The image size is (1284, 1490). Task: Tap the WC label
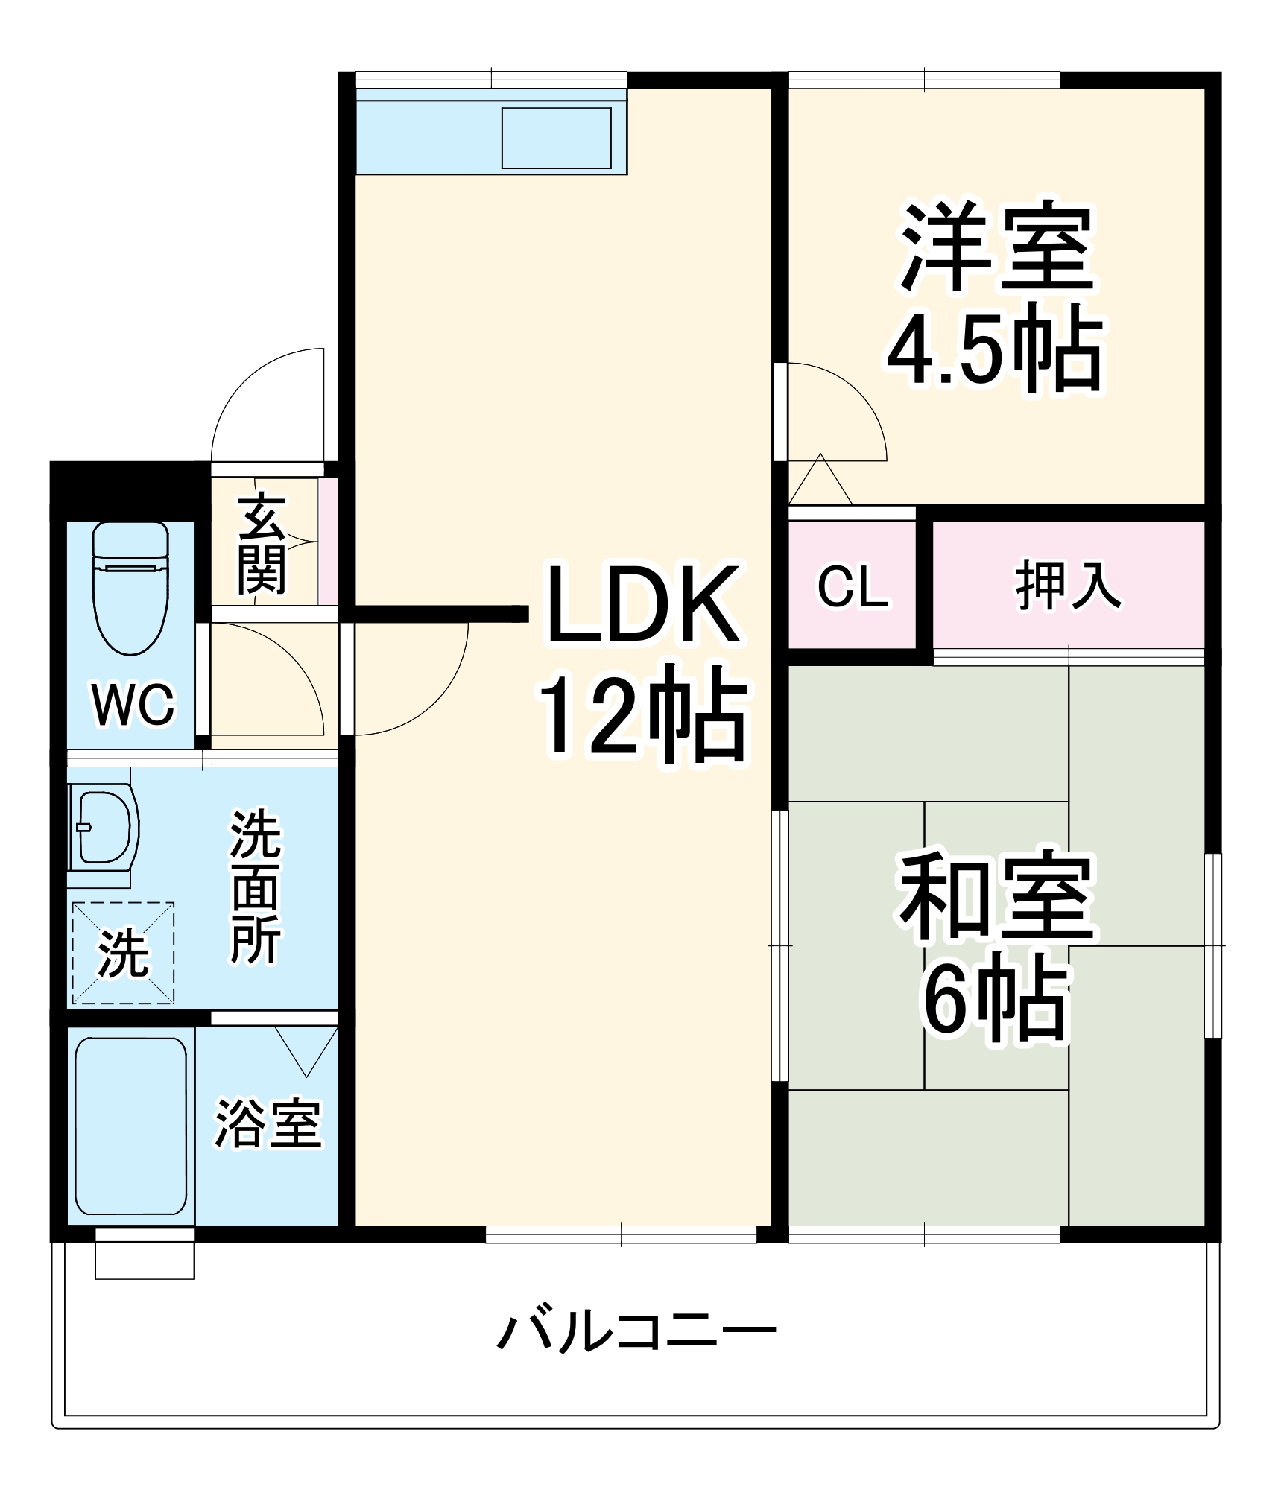[x=133, y=703]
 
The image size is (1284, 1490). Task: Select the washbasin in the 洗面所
[x=104, y=827]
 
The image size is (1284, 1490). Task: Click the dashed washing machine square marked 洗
[x=123, y=953]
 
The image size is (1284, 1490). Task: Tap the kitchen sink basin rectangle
[x=557, y=138]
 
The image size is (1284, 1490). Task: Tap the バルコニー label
[x=637, y=1334]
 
